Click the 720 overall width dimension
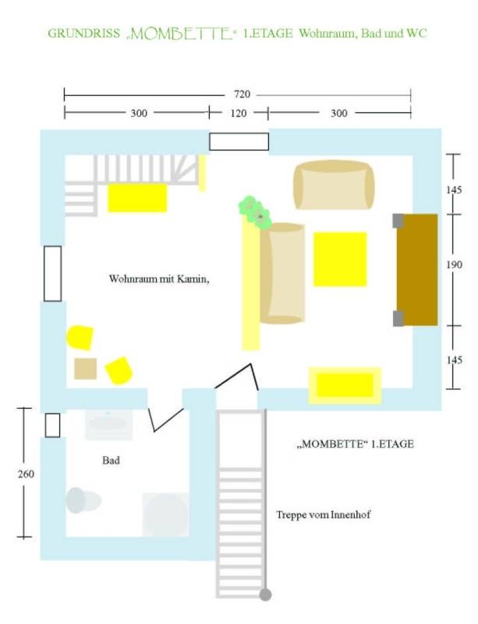(x=242, y=94)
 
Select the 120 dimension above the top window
(x=239, y=113)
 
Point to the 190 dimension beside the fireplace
(x=454, y=264)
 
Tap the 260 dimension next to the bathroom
(x=26, y=474)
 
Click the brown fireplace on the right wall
(x=417, y=269)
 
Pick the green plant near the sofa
(x=255, y=211)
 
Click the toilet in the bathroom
(x=83, y=500)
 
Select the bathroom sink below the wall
(x=108, y=424)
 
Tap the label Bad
(x=111, y=460)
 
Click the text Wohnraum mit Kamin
(x=159, y=278)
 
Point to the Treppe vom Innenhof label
(x=323, y=515)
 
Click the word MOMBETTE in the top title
(x=182, y=34)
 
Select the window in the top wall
(x=239, y=142)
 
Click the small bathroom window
(x=52, y=425)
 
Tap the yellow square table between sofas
(x=340, y=259)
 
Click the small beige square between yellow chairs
(x=86, y=368)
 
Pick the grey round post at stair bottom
(x=265, y=594)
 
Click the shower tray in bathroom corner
(x=165, y=514)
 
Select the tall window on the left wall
(x=52, y=274)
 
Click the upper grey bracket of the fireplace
(x=398, y=221)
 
